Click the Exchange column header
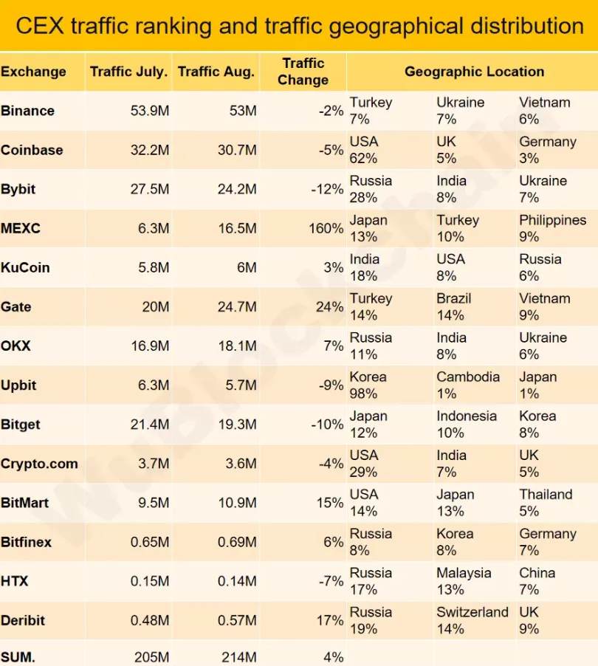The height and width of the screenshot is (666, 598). point(33,72)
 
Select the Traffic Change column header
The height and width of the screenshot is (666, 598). point(303,72)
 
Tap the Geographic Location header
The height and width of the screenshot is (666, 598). point(474,72)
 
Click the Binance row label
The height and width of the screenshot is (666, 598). point(28,111)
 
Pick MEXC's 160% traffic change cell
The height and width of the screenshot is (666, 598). point(326,228)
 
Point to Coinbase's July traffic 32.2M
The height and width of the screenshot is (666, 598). point(148,150)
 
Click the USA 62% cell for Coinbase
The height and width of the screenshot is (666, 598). point(364,150)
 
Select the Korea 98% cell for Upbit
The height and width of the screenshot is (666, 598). point(368,385)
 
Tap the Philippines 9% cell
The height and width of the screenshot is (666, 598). point(552,228)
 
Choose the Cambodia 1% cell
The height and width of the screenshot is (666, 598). point(467,385)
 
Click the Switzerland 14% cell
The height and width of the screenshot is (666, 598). point(472,620)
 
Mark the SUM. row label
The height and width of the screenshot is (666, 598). point(19,656)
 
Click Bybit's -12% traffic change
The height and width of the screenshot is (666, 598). point(327,189)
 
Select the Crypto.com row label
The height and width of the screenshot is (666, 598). point(39,464)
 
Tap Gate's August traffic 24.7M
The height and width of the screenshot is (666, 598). point(236,306)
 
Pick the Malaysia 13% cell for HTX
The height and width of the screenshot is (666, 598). point(463,581)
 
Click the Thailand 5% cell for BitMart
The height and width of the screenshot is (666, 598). point(546,503)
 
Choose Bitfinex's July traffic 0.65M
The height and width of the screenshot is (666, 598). point(150,542)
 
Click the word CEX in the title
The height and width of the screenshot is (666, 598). point(38,27)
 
